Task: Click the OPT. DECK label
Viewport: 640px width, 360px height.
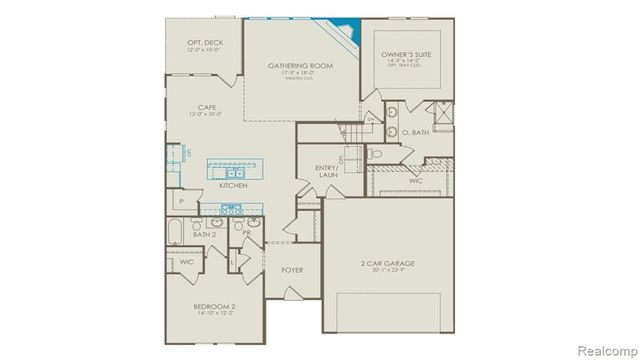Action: pos(204,42)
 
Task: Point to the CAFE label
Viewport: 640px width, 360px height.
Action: pos(207,106)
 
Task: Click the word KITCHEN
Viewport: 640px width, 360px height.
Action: pos(233,185)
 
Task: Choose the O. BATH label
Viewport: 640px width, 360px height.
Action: pos(415,132)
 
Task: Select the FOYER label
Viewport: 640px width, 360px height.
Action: pos(292,270)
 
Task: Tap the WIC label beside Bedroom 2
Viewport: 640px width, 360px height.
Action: pos(186,262)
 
